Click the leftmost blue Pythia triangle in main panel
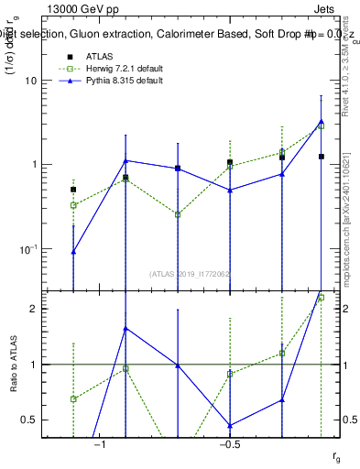coord(73,251)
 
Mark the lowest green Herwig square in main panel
coord(178,214)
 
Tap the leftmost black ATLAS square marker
coord(73,190)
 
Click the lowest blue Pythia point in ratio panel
coord(230,425)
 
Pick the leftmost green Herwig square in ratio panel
coord(73,398)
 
